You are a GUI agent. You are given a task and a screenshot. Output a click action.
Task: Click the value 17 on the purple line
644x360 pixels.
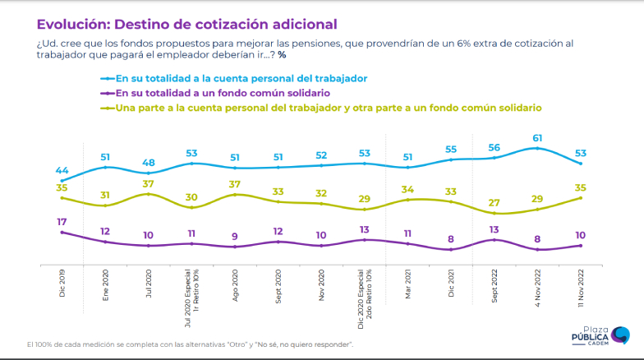pyautogui.click(x=62, y=222)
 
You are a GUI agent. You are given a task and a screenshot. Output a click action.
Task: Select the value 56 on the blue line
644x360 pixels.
pyautogui.click(x=493, y=148)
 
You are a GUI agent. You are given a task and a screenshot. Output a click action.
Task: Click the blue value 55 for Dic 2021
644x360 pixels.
pyautogui.click(x=450, y=150)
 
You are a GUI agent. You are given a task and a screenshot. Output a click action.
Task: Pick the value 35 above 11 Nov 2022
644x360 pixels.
pyautogui.click(x=580, y=187)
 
